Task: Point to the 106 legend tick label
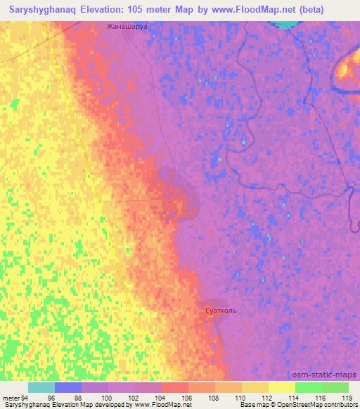click(187, 398)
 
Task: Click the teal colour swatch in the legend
click(41, 387)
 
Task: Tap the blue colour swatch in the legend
click(67, 387)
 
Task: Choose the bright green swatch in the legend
click(308, 387)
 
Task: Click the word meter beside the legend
click(10, 398)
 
